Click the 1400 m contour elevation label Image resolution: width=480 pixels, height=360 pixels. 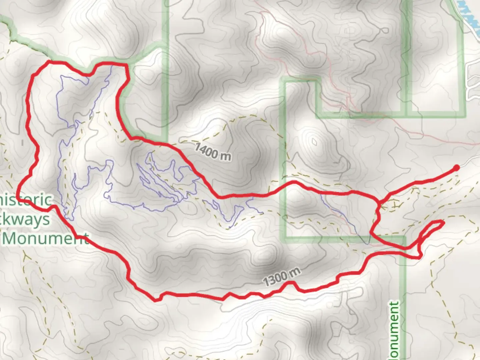213,152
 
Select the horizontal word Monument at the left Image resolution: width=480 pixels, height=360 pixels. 47,238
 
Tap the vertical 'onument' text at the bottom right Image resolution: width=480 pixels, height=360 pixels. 394,330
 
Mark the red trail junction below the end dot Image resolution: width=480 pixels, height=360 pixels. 379,202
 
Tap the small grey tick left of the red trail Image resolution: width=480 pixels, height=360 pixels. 22,143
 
